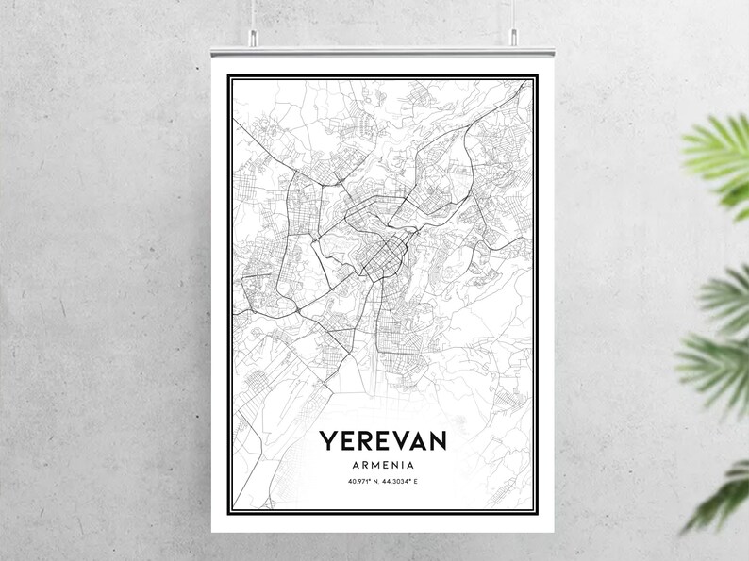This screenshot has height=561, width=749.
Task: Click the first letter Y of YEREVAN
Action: tap(326, 440)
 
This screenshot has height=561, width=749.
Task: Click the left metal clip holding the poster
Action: tap(253, 38)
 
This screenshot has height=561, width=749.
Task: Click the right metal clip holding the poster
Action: tap(514, 38)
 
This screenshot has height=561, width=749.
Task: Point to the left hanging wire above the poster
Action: tap(252, 13)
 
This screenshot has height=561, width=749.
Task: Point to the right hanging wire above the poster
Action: tap(514, 13)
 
